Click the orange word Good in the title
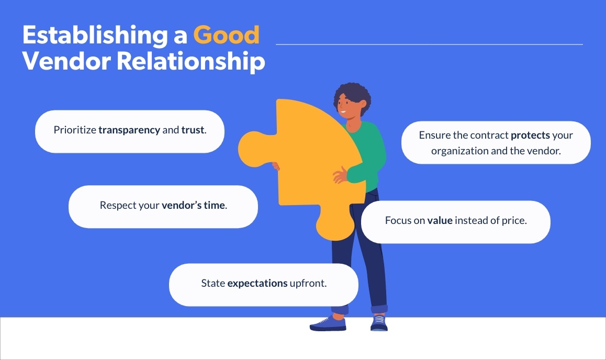[226, 36]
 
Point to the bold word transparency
[129, 130]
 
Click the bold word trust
[193, 130]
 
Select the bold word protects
[531, 135]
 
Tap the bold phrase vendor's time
[194, 206]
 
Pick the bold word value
[440, 221]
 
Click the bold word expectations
[257, 284]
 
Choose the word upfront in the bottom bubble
[308, 284]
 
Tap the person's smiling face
[345, 107]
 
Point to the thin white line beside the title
[429, 44]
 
